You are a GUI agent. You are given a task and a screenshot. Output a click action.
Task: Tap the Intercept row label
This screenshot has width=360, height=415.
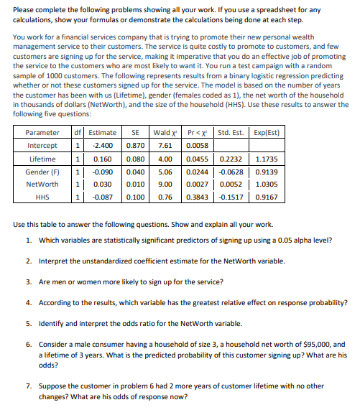point(42,146)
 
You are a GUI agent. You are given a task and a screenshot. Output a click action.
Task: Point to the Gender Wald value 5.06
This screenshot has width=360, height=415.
point(164,172)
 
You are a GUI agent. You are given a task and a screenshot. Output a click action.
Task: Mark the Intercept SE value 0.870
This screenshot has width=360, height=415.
point(134,146)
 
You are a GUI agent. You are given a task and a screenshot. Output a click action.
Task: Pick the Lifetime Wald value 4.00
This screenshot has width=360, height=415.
point(164,159)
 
